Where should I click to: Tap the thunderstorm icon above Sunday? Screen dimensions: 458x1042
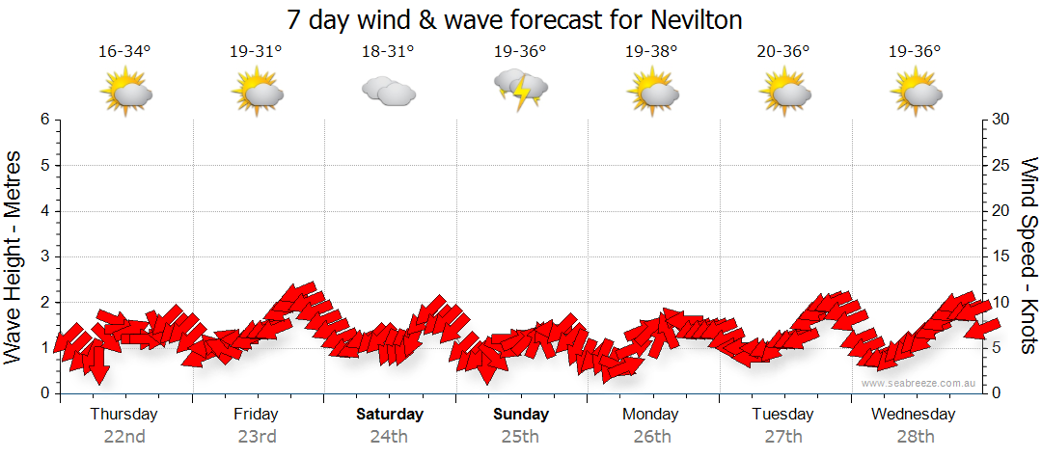521,90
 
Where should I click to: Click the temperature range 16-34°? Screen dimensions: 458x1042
124,52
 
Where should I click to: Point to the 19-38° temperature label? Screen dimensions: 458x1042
651,52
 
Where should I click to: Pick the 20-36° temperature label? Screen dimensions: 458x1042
782,52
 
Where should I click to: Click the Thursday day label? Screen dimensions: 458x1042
124,415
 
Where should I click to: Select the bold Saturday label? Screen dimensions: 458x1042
390,415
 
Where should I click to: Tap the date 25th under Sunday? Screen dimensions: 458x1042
520,437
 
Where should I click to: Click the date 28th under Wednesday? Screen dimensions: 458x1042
914,437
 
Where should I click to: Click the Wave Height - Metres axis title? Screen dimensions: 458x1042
14,256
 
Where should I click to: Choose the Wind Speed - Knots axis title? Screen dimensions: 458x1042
1028,256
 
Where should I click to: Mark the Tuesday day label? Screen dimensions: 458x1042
782,415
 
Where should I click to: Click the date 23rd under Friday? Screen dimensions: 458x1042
256,437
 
